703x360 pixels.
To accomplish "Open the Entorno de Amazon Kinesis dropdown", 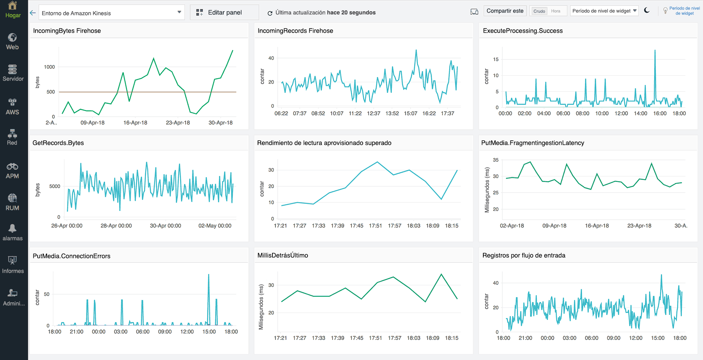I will pyautogui.click(x=111, y=13).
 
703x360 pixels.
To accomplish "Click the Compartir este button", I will pyautogui.click(x=505, y=11).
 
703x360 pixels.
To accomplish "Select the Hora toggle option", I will pyautogui.click(x=556, y=11).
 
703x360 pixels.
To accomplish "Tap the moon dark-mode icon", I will pyautogui.click(x=647, y=11).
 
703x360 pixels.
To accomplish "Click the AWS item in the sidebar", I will pyautogui.click(x=13, y=107).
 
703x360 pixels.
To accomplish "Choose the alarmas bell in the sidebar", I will pyautogui.click(x=13, y=232).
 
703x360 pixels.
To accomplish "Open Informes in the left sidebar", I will pyautogui.click(x=13, y=265).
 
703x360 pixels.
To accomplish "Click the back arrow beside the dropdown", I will pyautogui.click(x=33, y=13).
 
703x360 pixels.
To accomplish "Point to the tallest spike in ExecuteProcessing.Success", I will pyautogui.click(x=655, y=51).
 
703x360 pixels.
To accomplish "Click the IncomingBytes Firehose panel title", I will pyautogui.click(x=67, y=31).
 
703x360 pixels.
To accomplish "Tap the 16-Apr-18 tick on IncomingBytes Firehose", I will pyautogui.click(x=135, y=123).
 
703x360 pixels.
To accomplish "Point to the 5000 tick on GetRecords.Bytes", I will pyautogui.click(x=54, y=186).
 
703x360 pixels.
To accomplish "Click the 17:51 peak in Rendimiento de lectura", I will pyautogui.click(x=377, y=162).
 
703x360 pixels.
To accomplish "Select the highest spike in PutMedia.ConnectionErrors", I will pyautogui.click(x=208, y=275).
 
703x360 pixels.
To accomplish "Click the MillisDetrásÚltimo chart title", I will pyautogui.click(x=283, y=256).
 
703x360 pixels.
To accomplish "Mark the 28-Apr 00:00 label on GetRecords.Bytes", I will pyautogui.click(x=116, y=226).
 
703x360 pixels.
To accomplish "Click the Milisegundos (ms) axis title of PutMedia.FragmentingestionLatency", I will pyautogui.click(x=487, y=190).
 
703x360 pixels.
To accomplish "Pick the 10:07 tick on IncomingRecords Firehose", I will pyautogui.click(x=336, y=114).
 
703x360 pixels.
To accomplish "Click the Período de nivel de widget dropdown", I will pyautogui.click(x=604, y=11).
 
